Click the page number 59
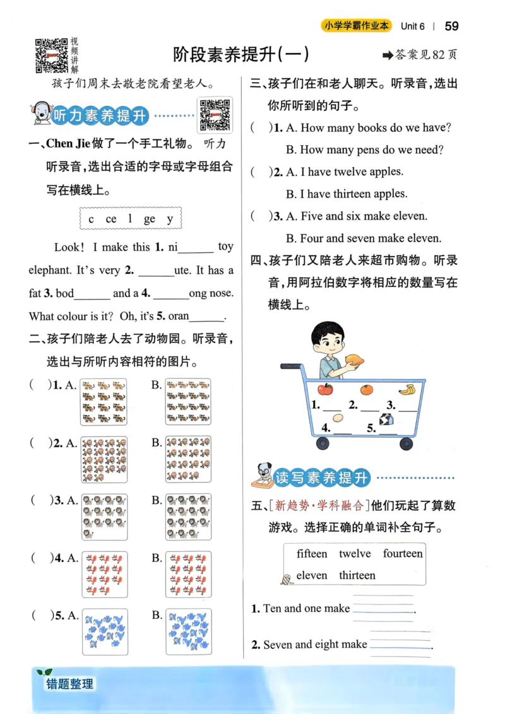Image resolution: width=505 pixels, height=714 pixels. pyautogui.click(x=451, y=26)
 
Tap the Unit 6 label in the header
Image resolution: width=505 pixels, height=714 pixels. pyautogui.click(x=413, y=26)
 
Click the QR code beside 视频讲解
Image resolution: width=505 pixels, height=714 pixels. pyautogui.click(x=51, y=55)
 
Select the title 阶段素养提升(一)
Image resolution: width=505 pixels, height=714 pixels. pyautogui.click(x=241, y=55)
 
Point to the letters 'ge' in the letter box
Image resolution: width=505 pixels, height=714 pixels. pyautogui.click(x=149, y=219)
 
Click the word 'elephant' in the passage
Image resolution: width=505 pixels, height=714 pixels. pyautogui.click(x=50, y=270)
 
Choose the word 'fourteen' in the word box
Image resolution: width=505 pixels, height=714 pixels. pyautogui.click(x=402, y=554)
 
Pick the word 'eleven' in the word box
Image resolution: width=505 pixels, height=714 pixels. pyautogui.click(x=312, y=575)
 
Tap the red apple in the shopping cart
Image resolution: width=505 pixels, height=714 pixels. pyautogui.click(x=325, y=389)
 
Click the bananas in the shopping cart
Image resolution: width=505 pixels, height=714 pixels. pyautogui.click(x=406, y=390)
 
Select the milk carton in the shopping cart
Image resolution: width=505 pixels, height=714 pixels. pyautogui.click(x=386, y=419)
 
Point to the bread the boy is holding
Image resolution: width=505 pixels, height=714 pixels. pyautogui.click(x=355, y=360)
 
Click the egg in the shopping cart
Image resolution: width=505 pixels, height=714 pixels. pyautogui.click(x=338, y=418)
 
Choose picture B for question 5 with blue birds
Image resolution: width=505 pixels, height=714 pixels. pyautogui.click(x=188, y=631)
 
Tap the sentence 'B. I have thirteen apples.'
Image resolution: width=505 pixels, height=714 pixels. pyautogui.click(x=346, y=194)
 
